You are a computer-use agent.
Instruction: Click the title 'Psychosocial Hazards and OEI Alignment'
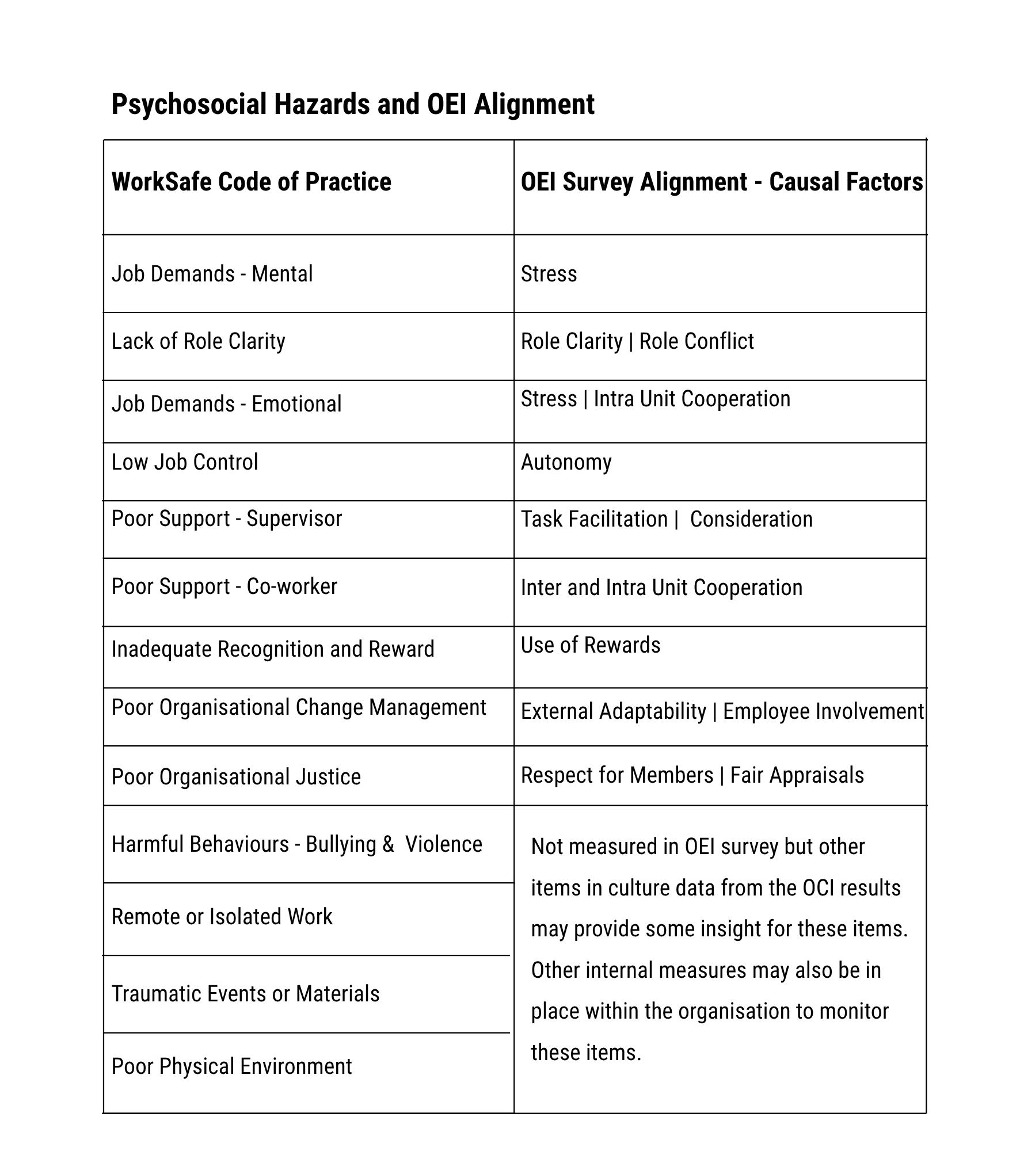point(352,105)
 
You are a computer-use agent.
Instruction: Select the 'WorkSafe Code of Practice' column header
point(251,182)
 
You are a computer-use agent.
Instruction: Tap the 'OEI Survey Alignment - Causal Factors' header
point(721,182)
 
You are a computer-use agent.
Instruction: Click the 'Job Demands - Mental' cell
point(212,274)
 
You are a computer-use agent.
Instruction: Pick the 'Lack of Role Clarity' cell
point(198,341)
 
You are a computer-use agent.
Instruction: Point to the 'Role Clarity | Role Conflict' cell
point(637,341)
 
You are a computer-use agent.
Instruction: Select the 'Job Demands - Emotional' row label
point(226,404)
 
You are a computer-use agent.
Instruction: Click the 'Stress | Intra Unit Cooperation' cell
point(655,399)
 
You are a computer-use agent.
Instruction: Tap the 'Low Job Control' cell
point(185,462)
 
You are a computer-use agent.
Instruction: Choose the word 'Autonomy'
point(566,462)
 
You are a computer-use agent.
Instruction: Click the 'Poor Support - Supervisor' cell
point(226,519)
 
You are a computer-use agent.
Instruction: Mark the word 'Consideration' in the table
point(751,519)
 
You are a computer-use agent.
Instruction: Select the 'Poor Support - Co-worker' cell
point(224,586)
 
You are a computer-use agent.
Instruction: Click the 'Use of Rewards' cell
point(590,645)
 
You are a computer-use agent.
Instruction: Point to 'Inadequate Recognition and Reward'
point(273,649)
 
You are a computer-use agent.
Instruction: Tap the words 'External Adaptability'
point(613,712)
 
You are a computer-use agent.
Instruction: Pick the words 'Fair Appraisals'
point(797,775)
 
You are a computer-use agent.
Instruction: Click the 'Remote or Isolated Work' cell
point(222,917)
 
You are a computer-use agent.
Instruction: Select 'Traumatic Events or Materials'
point(245,994)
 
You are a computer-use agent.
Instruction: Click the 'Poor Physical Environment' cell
point(231,1066)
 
